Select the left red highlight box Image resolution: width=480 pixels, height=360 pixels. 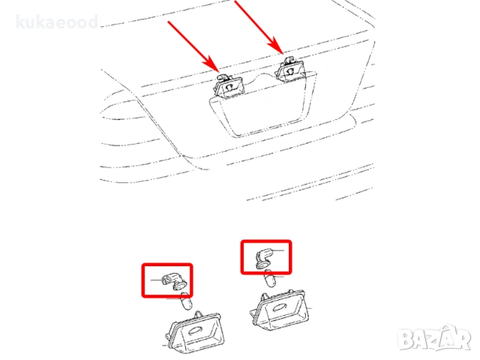click(x=167, y=279)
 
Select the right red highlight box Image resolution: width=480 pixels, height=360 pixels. click(x=265, y=256)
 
